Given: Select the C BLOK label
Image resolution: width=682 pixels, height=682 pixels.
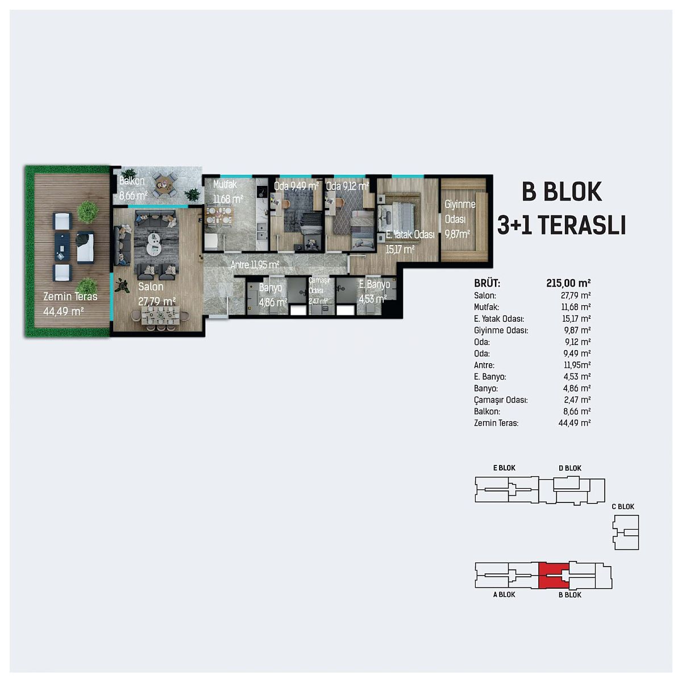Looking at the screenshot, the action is click(623, 506).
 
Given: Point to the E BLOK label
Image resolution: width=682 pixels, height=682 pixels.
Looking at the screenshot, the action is click(504, 468).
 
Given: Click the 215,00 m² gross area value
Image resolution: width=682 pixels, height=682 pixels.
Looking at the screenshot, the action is click(568, 283).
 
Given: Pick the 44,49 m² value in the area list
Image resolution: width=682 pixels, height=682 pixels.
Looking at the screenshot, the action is click(575, 423).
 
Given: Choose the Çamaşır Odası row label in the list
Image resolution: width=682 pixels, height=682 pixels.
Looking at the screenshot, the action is click(501, 400).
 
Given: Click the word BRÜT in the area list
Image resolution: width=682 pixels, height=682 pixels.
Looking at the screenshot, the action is click(487, 283).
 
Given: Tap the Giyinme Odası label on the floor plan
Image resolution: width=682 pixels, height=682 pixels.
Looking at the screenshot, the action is click(459, 211).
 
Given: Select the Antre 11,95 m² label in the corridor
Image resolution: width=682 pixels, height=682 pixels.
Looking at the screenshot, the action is click(255, 265).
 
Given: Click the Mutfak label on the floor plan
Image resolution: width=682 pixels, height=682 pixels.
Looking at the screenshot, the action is click(224, 184).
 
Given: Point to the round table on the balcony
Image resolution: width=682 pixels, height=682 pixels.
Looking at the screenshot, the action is click(163, 185).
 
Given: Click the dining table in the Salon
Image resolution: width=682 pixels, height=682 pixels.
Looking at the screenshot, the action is click(160, 316).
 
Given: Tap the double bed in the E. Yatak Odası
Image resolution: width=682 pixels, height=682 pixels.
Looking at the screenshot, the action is click(399, 219).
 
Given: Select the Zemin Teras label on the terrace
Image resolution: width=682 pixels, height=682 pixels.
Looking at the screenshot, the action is click(70, 297).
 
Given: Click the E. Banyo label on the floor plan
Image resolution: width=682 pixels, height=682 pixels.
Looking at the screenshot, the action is click(375, 284).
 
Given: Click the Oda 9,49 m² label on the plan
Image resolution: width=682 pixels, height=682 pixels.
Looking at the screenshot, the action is click(296, 186).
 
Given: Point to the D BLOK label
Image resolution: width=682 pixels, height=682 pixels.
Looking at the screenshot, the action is click(570, 468).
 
